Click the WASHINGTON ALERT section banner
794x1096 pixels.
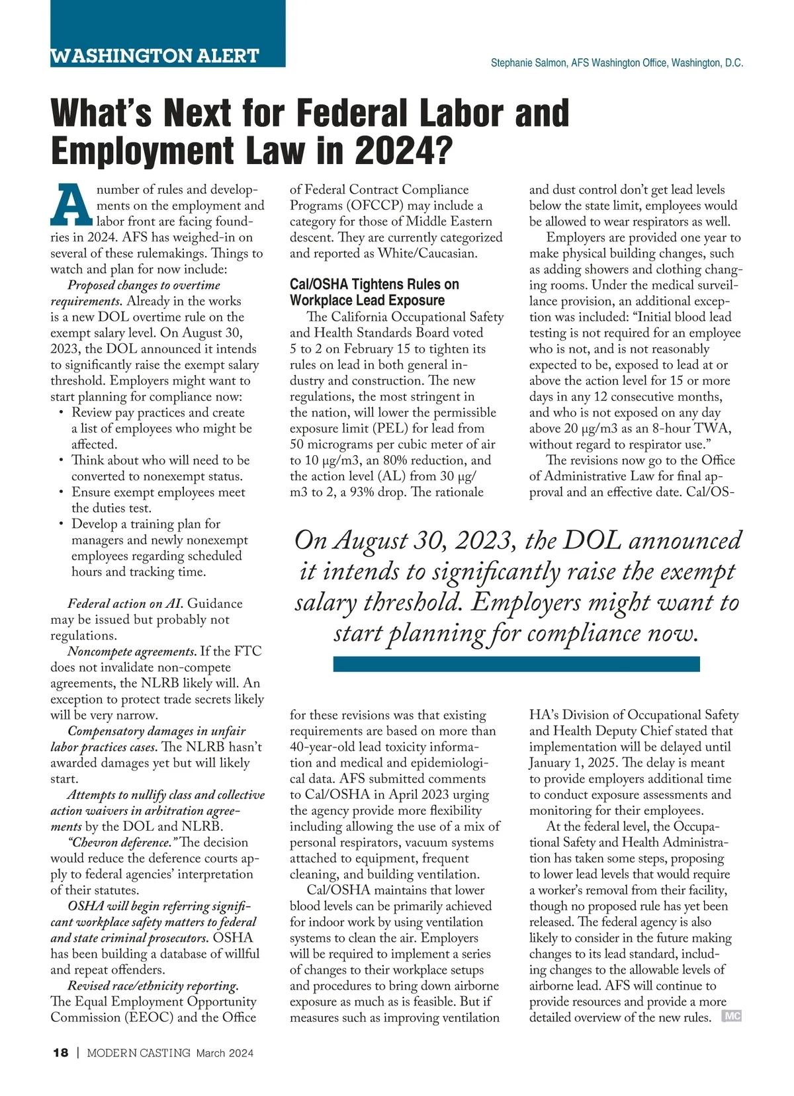(x=155, y=56)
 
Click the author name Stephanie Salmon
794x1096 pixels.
(x=529, y=63)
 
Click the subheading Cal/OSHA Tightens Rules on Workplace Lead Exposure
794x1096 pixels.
(x=374, y=292)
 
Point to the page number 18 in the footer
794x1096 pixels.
(x=60, y=1052)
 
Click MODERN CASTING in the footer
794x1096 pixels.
(x=139, y=1052)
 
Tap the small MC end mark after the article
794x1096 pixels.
(x=732, y=1016)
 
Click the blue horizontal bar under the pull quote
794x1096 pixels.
(x=516, y=663)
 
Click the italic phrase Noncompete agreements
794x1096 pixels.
(x=132, y=652)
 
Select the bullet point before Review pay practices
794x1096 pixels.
(x=61, y=413)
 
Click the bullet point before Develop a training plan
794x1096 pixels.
(x=61, y=524)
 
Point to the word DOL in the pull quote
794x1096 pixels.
(x=591, y=540)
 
